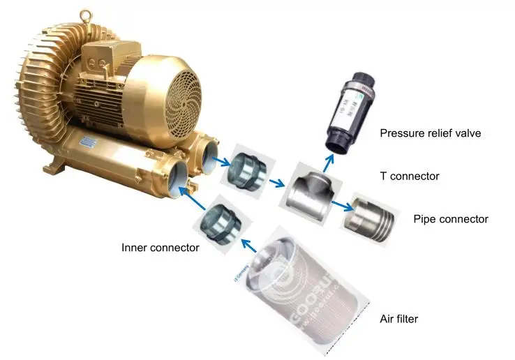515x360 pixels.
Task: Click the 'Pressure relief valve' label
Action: coord(431,133)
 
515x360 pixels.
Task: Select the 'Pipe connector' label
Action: coord(451,219)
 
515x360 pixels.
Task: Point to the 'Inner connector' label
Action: coord(161,247)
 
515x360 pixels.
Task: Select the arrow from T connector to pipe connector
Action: coord(340,205)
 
